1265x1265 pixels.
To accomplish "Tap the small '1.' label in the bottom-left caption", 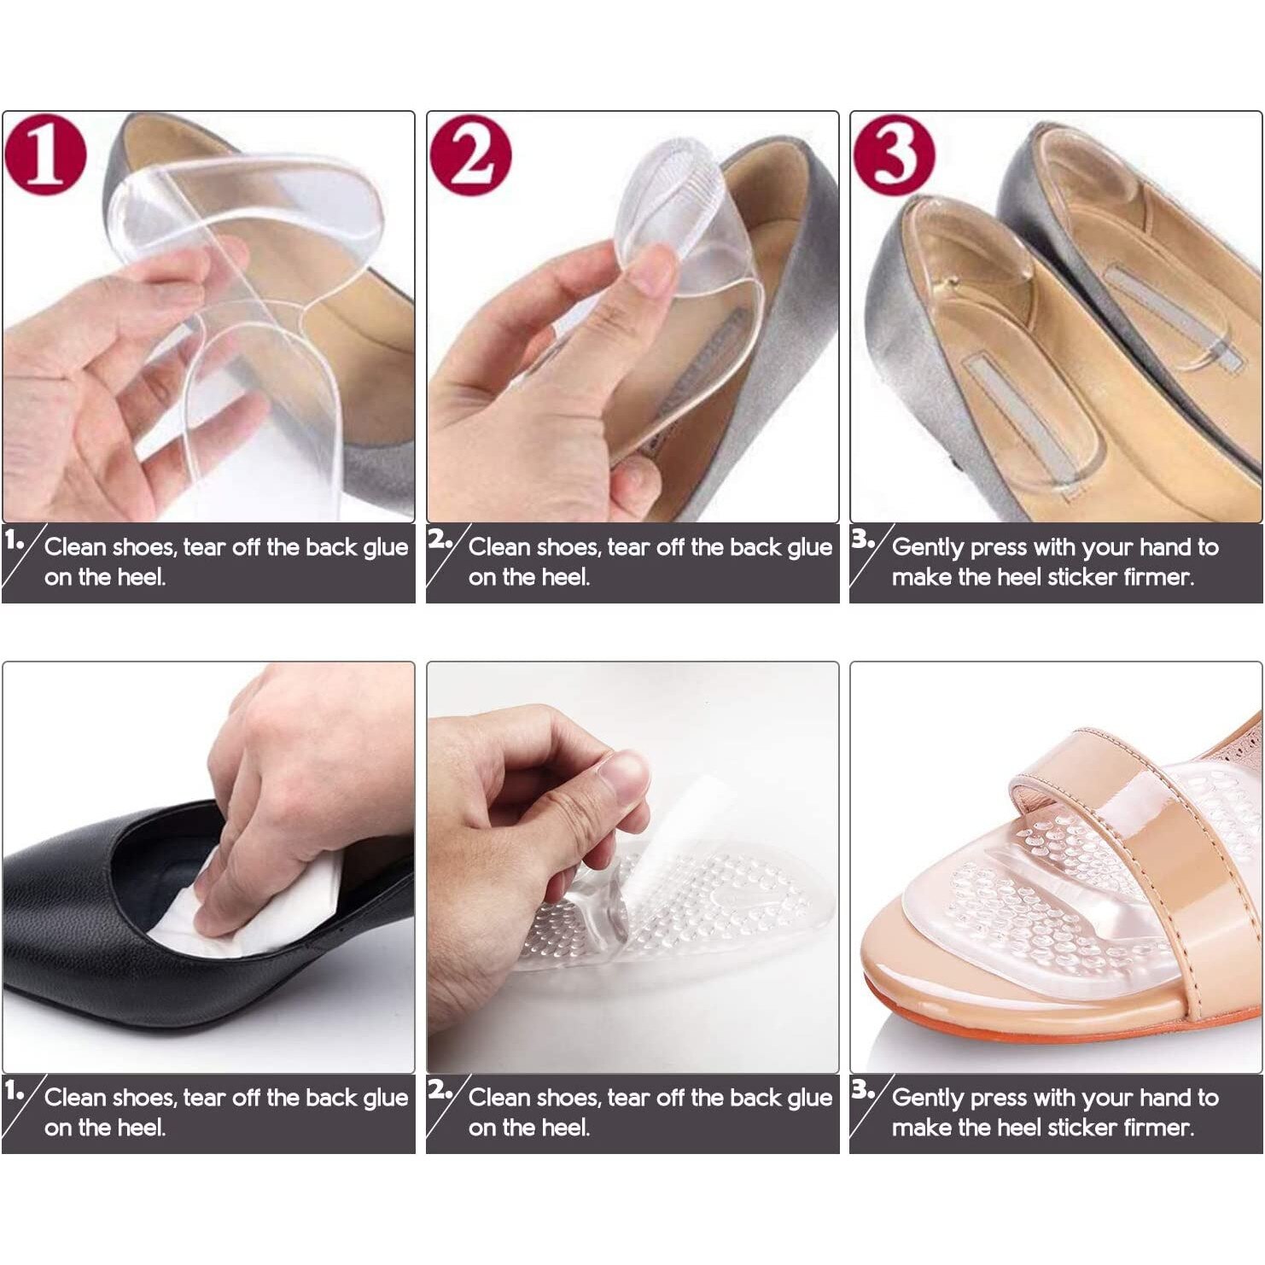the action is [14, 1090].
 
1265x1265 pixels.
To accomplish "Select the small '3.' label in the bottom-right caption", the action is [862, 1090].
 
